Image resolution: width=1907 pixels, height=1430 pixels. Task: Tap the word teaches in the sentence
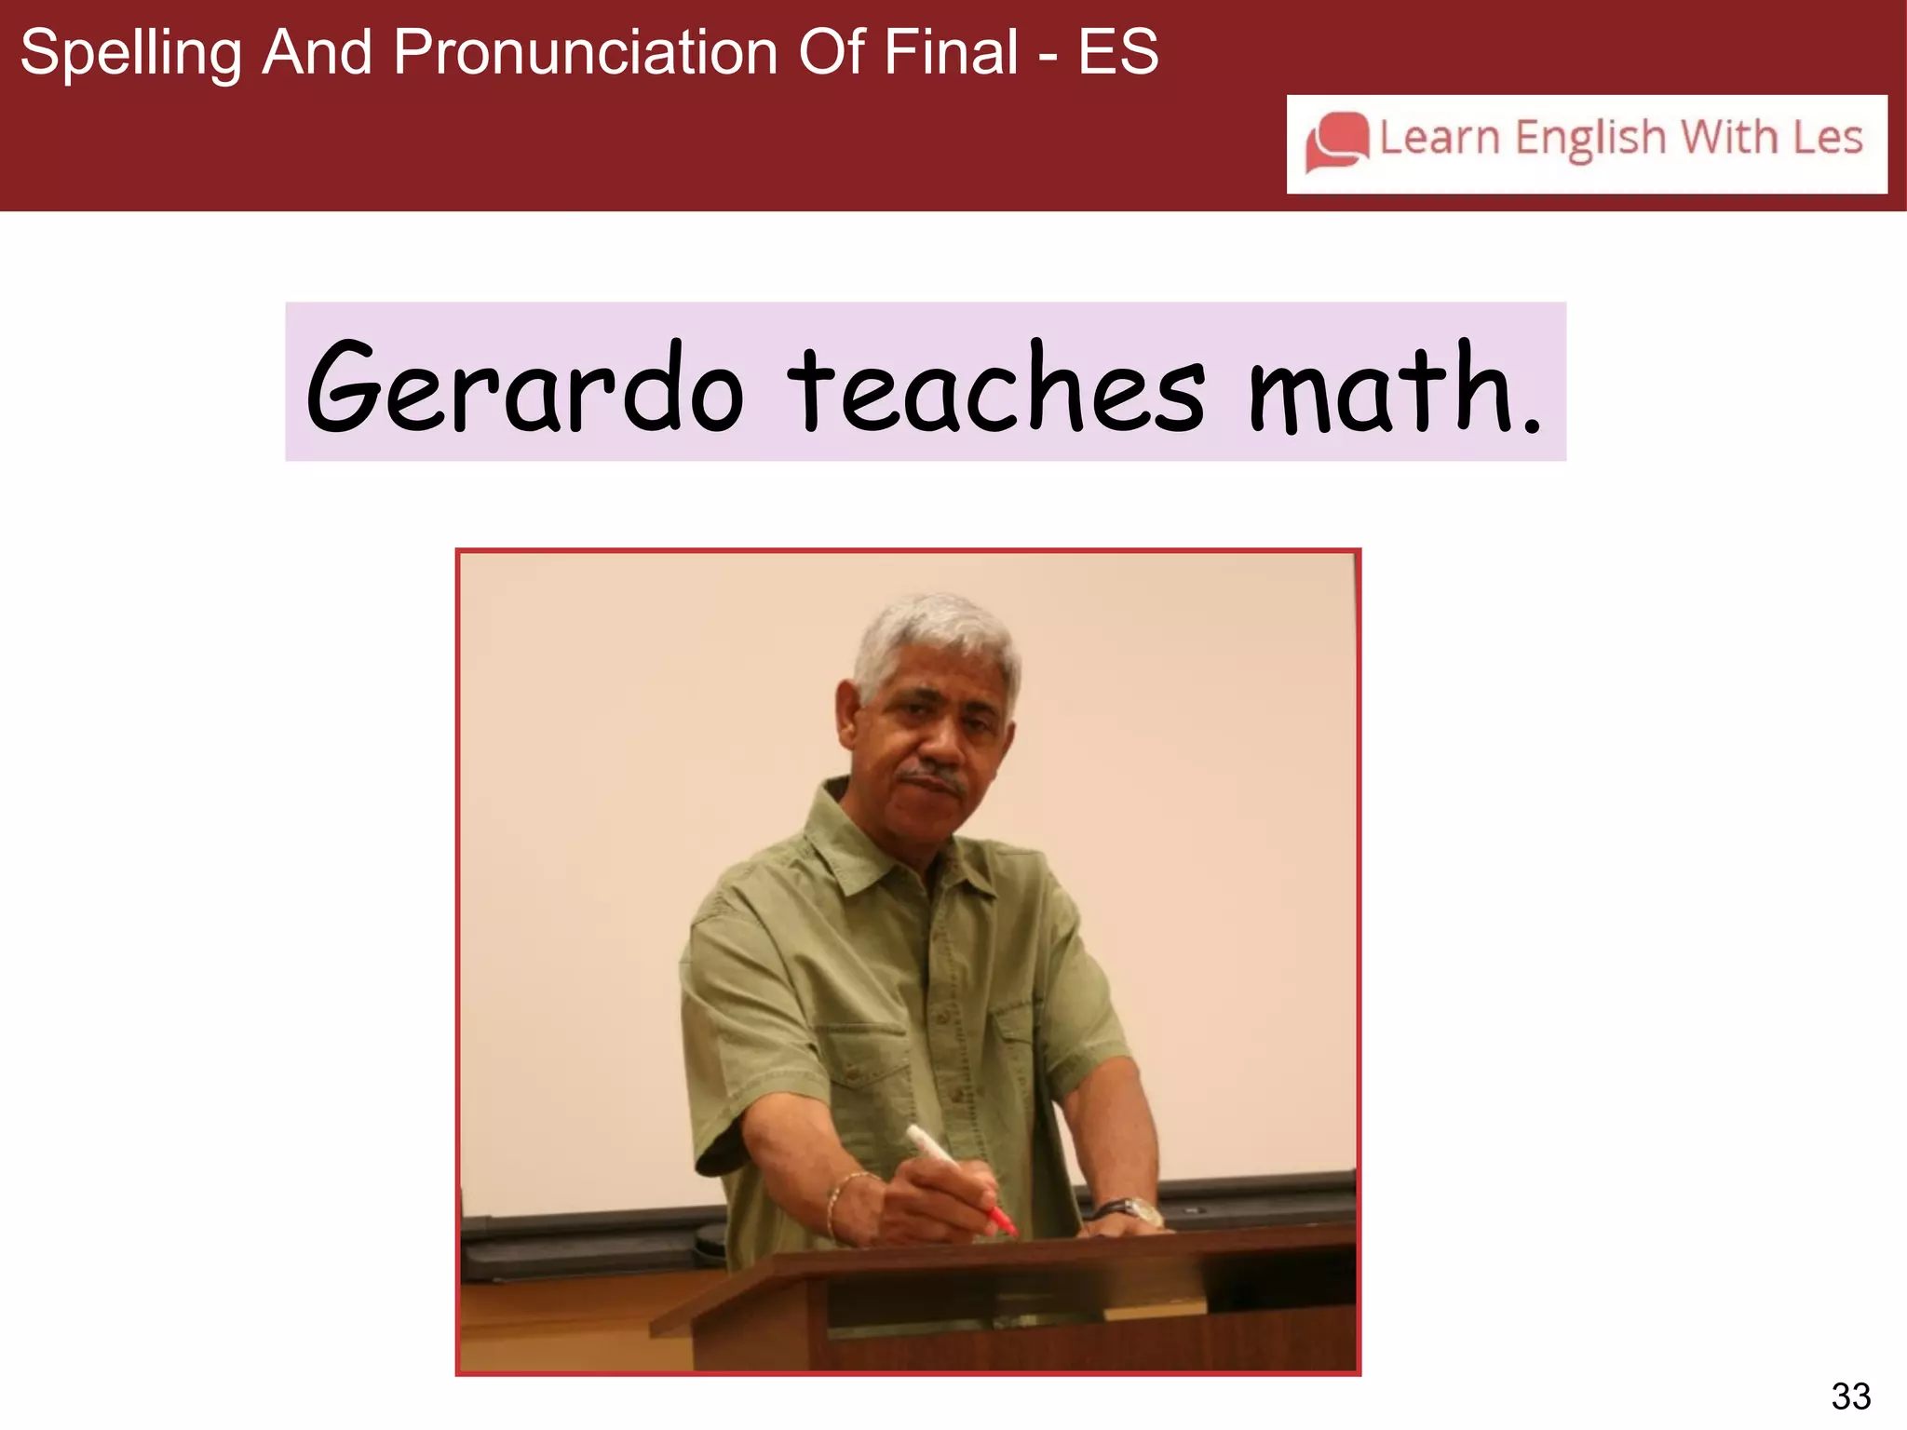coord(995,389)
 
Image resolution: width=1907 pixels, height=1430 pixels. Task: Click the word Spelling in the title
coord(130,53)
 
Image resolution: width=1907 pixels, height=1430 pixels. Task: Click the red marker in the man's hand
coord(959,1178)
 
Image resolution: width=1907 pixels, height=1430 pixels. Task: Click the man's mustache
coord(931,775)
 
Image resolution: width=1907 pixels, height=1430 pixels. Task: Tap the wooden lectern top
coord(1024,1252)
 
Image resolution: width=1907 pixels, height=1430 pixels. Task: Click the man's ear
coord(847,712)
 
